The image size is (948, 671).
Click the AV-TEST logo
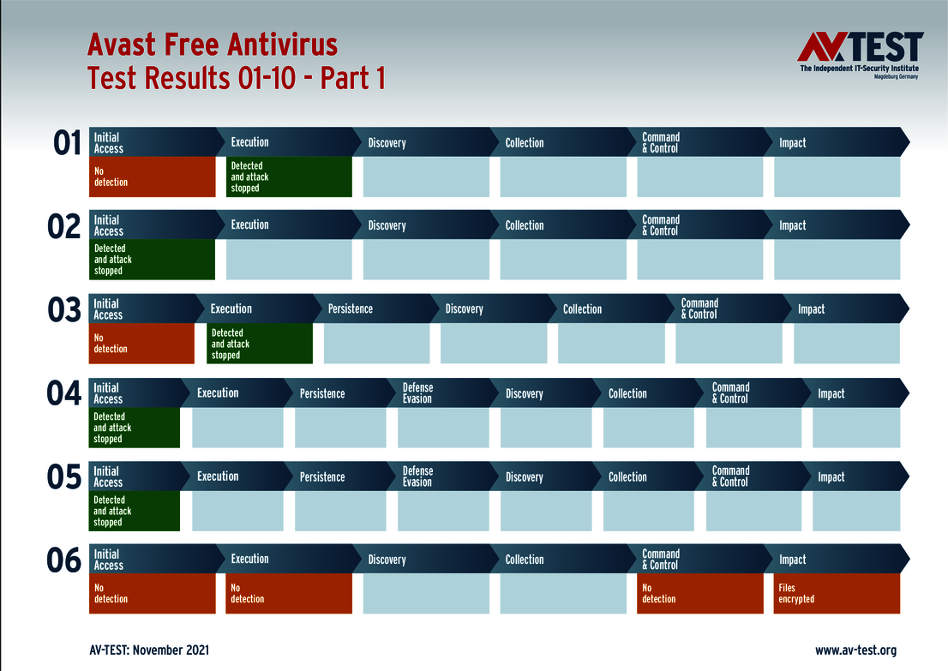[860, 55]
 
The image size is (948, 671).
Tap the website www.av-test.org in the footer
[855, 650]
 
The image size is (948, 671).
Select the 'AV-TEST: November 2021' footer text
[149, 650]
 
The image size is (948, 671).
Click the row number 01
[67, 143]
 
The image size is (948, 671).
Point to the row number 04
[64, 393]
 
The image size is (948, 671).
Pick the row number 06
[64, 560]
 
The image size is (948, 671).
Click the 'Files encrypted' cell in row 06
[837, 594]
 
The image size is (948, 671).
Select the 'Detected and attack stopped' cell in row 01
[289, 177]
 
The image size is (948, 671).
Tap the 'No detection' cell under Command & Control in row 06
[699, 594]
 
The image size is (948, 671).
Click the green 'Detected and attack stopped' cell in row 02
[153, 260]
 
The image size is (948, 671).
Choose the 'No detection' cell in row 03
[141, 344]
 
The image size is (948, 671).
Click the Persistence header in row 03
[351, 309]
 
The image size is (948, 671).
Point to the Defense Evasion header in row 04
[418, 393]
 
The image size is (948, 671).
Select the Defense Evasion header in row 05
[418, 476]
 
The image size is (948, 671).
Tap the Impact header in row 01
[793, 143]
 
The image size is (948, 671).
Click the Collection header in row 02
[525, 225]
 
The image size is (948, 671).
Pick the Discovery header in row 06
[387, 560]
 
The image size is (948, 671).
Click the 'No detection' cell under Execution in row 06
[289, 594]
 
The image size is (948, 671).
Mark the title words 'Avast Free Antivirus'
[213, 45]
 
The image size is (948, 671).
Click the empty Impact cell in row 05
[855, 512]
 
